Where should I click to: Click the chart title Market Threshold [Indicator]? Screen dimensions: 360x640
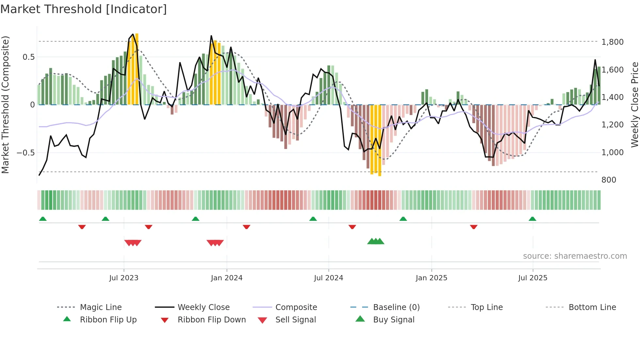click(84, 9)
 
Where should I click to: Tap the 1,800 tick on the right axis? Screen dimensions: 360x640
click(612, 42)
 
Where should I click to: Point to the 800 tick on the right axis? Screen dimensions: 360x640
click(609, 180)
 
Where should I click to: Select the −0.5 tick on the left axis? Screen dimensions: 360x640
click(25, 153)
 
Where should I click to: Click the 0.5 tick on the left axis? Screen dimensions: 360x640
click(28, 57)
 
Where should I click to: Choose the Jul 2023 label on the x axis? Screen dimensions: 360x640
click(124, 278)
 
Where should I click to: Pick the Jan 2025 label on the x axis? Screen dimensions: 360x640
click(431, 278)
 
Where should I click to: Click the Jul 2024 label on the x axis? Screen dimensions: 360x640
click(328, 278)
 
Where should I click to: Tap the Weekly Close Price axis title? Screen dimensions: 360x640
click(634, 105)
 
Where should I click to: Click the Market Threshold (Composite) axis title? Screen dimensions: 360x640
click(5, 105)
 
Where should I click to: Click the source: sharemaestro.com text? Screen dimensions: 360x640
click(575, 256)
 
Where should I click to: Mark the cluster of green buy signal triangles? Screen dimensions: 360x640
click(376, 241)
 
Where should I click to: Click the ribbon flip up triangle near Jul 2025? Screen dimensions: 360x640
click(532, 219)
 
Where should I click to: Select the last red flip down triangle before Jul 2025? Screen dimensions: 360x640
click(473, 227)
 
